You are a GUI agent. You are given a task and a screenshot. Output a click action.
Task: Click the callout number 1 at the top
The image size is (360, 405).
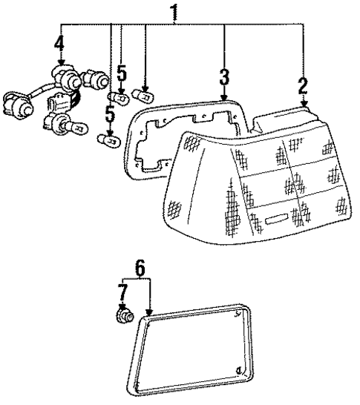coord(174,13)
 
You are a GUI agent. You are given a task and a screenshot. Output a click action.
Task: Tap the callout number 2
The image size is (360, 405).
coord(303,83)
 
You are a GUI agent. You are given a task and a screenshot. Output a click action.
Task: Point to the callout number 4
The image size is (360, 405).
coord(59,47)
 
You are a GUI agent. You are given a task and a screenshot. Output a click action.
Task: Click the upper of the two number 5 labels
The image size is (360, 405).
coord(121,73)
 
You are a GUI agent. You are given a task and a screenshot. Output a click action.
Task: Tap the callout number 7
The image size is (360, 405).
coord(123,291)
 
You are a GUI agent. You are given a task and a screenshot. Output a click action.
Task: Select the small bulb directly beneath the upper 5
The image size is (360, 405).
coord(117,96)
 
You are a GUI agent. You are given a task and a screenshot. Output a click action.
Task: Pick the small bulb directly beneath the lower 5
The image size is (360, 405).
coord(109,137)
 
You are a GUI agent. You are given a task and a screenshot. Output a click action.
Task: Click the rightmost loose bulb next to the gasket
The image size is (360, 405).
coord(142,95)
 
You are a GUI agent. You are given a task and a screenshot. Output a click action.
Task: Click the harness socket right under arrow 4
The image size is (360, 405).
coord(62,76)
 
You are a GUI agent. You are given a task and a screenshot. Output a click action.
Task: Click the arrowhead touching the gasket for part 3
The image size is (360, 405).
coord(224,98)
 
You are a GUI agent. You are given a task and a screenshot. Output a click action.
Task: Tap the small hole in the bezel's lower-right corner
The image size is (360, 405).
coord(237,372)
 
